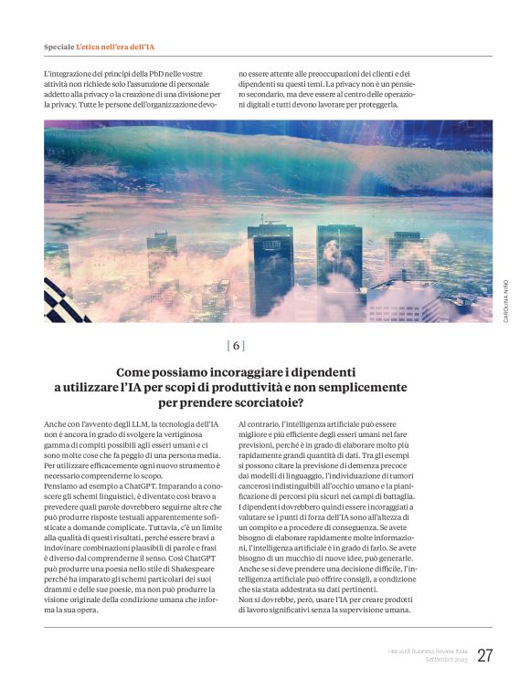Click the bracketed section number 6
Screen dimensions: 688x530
(x=237, y=346)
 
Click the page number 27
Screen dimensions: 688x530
(x=484, y=655)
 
